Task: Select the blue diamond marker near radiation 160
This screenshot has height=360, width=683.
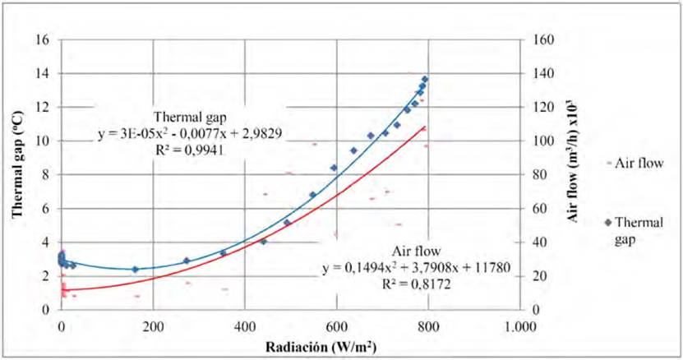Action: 135,269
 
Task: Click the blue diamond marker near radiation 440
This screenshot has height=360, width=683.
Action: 264,242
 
